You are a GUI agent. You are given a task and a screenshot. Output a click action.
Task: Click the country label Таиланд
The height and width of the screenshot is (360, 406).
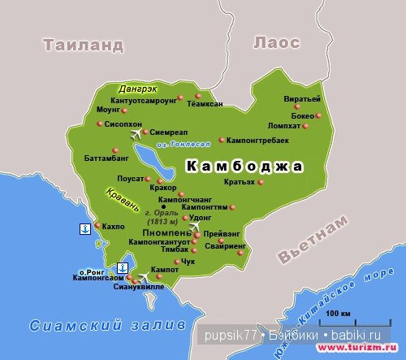point(84,44)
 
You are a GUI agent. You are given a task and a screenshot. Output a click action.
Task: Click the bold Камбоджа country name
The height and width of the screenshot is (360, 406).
point(244,167)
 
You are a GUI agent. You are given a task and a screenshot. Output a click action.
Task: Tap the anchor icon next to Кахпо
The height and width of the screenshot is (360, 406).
point(84,229)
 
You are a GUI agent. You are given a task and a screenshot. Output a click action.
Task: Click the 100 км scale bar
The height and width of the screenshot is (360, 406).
point(333,319)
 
